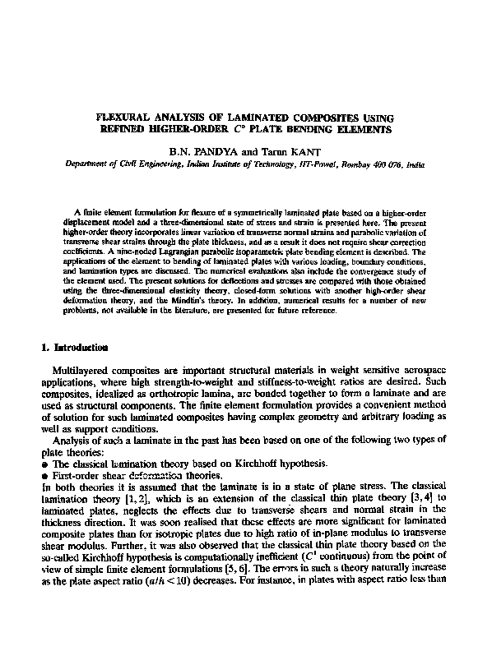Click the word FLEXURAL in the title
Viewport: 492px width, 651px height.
(124, 118)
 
